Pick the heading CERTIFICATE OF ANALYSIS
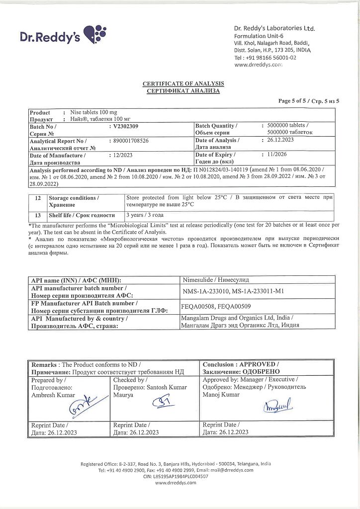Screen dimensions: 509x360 [x=183, y=84]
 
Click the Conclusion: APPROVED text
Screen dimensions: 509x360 [x=241, y=364]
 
